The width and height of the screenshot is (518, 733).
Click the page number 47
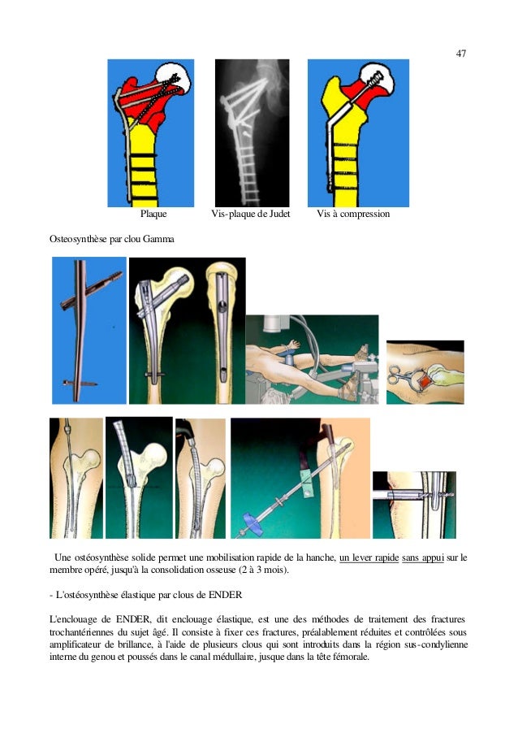tap(460, 54)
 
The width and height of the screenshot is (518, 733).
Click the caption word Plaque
tap(153, 214)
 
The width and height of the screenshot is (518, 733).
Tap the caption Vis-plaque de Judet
tap(250, 214)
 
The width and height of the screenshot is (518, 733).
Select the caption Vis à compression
tap(353, 214)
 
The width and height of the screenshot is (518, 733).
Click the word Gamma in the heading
tap(158, 239)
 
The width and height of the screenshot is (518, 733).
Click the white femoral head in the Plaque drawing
tap(173, 77)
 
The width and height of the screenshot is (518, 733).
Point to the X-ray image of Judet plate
tap(253, 132)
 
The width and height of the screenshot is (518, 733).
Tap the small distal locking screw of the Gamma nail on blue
tap(80, 384)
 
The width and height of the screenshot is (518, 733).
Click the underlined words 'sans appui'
tap(422, 557)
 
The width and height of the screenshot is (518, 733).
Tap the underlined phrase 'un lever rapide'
tap(369, 557)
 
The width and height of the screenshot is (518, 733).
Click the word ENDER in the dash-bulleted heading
tap(225, 595)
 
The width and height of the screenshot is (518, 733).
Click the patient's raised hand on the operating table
tap(293, 345)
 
